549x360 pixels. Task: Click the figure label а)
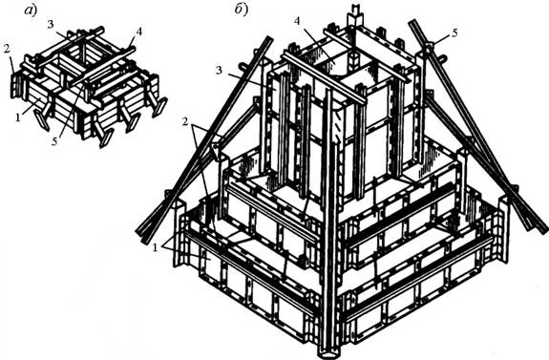(30, 11)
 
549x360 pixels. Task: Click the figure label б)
(241, 11)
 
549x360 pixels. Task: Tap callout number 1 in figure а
(17, 118)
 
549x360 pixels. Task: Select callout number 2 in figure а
(6, 49)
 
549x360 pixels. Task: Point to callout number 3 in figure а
(50, 24)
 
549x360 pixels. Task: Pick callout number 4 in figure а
(138, 32)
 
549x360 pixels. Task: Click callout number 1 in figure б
(154, 247)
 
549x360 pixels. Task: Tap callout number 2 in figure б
(184, 121)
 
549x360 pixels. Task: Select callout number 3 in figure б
(220, 70)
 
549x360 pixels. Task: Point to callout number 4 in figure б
(297, 21)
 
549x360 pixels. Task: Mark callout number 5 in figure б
(454, 32)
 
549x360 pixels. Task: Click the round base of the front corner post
(329, 352)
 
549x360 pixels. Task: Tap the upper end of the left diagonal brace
(269, 38)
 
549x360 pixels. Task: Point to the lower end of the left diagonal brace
(140, 235)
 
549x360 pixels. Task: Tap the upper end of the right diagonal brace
(412, 23)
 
